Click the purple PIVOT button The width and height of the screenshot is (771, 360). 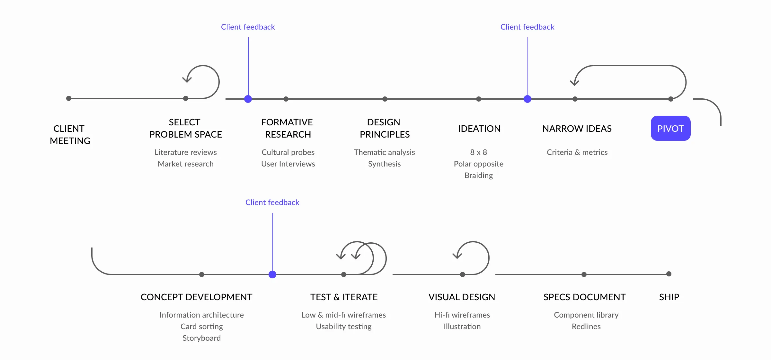(670, 128)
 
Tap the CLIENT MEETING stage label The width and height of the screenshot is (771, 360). (70, 135)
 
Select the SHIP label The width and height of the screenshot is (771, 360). (669, 297)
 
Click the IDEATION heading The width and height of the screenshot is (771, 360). (479, 129)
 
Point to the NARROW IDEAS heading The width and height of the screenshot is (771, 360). (577, 129)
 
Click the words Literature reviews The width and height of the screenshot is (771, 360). (185, 152)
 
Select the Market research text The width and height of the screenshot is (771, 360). (185, 164)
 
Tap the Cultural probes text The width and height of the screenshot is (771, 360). (288, 152)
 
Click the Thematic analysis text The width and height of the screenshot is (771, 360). (384, 152)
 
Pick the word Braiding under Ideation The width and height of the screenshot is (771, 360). (478, 175)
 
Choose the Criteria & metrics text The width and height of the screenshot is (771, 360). (577, 152)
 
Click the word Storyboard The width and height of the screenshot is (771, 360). (201, 338)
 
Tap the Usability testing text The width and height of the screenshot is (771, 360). (343, 327)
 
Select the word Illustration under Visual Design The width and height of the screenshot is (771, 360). (462, 327)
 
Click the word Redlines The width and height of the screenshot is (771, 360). (586, 327)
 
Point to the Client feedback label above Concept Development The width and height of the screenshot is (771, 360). (272, 203)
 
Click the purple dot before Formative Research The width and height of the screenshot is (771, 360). (248, 99)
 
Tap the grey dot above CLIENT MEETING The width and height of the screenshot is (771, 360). (69, 98)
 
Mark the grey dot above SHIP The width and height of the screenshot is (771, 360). (669, 274)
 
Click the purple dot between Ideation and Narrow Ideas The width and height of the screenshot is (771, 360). (527, 99)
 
